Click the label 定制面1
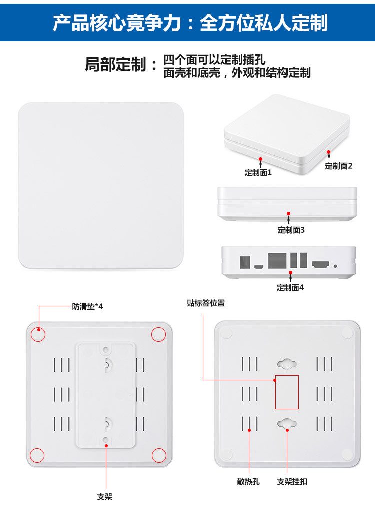[258, 173]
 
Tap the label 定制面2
[338, 166]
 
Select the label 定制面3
[291, 230]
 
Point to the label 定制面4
[290, 287]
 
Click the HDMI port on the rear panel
[321, 264]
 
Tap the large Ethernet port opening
[277, 261]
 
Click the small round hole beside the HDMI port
[335, 266]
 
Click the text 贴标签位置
[206, 303]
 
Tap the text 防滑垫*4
[87, 306]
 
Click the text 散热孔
[248, 482]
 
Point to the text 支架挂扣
[292, 482]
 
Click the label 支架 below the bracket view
[105, 496]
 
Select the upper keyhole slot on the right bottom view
[287, 364]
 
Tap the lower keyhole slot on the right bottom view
[287, 423]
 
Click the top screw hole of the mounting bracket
[106, 349]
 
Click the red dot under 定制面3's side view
[289, 214]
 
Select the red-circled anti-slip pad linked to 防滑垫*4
[38, 334]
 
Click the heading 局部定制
[115, 64]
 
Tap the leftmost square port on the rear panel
[245, 262]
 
